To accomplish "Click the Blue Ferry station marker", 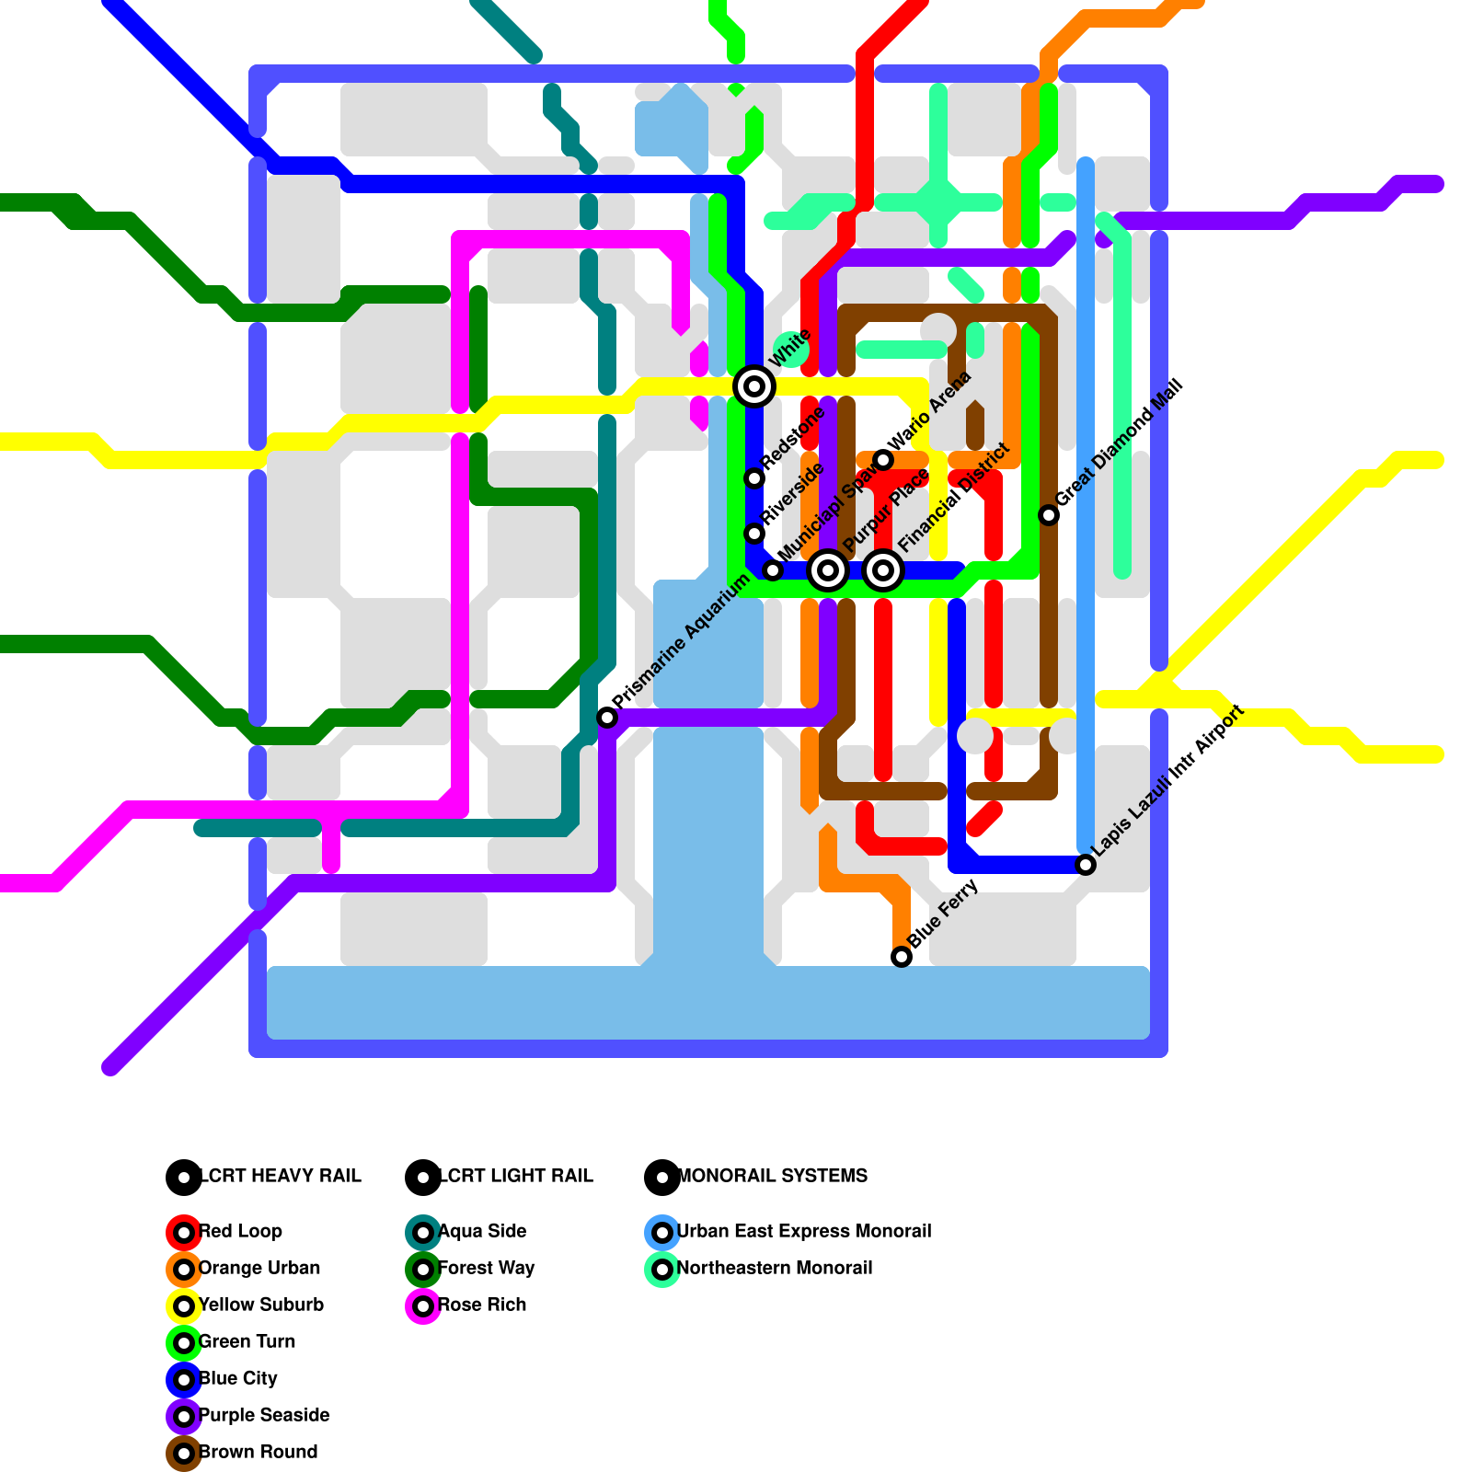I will point(902,957).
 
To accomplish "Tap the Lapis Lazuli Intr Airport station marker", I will point(1086,865).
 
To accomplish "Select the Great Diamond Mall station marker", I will point(1049,515).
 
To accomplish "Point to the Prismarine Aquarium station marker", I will point(607,718).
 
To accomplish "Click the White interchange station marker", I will point(754,386).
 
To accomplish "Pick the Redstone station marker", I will point(754,478).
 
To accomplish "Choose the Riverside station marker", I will point(754,534).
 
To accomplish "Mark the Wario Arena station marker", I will point(883,460).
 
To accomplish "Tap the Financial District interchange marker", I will point(883,570).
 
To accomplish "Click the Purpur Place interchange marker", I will point(828,570).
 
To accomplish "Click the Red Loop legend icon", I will point(184,1233).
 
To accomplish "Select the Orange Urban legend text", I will point(259,1268).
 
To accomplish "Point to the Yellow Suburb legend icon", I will point(184,1306).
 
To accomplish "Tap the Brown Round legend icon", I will point(184,1454).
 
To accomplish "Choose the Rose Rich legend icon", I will point(423,1306).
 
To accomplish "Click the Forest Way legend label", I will point(486,1268).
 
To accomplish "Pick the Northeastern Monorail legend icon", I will point(662,1270).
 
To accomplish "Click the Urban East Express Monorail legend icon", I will point(662,1233).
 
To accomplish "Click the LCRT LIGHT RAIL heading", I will point(516,1176).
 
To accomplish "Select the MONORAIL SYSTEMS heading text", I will point(773,1176).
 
